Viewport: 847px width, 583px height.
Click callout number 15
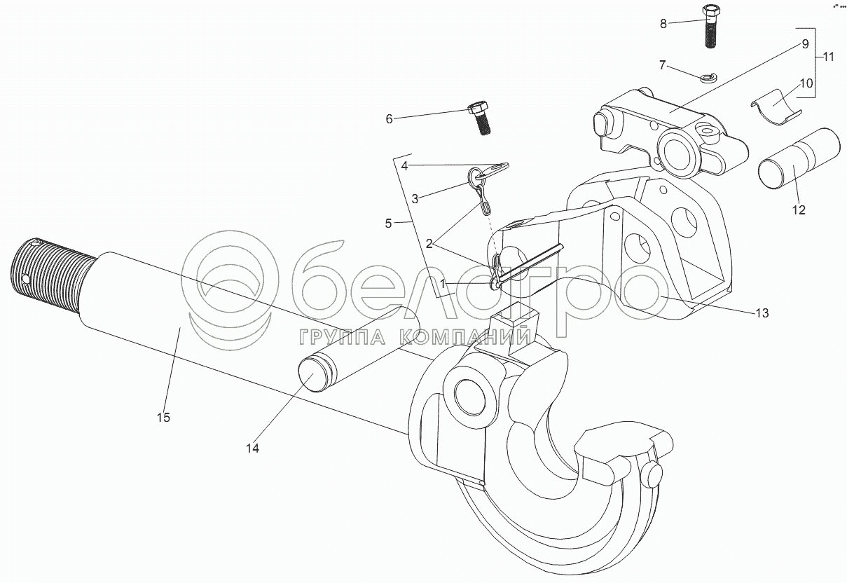pyautogui.click(x=163, y=418)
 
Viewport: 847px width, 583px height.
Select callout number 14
pyautogui.click(x=252, y=448)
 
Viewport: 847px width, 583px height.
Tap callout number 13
pyautogui.click(x=762, y=313)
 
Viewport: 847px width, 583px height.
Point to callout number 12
pyautogui.click(x=799, y=210)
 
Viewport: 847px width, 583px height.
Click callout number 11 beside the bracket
pyautogui.click(x=829, y=57)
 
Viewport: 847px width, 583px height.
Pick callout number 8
pyautogui.click(x=663, y=23)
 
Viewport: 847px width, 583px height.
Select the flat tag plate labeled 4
pyautogui.click(x=496, y=167)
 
